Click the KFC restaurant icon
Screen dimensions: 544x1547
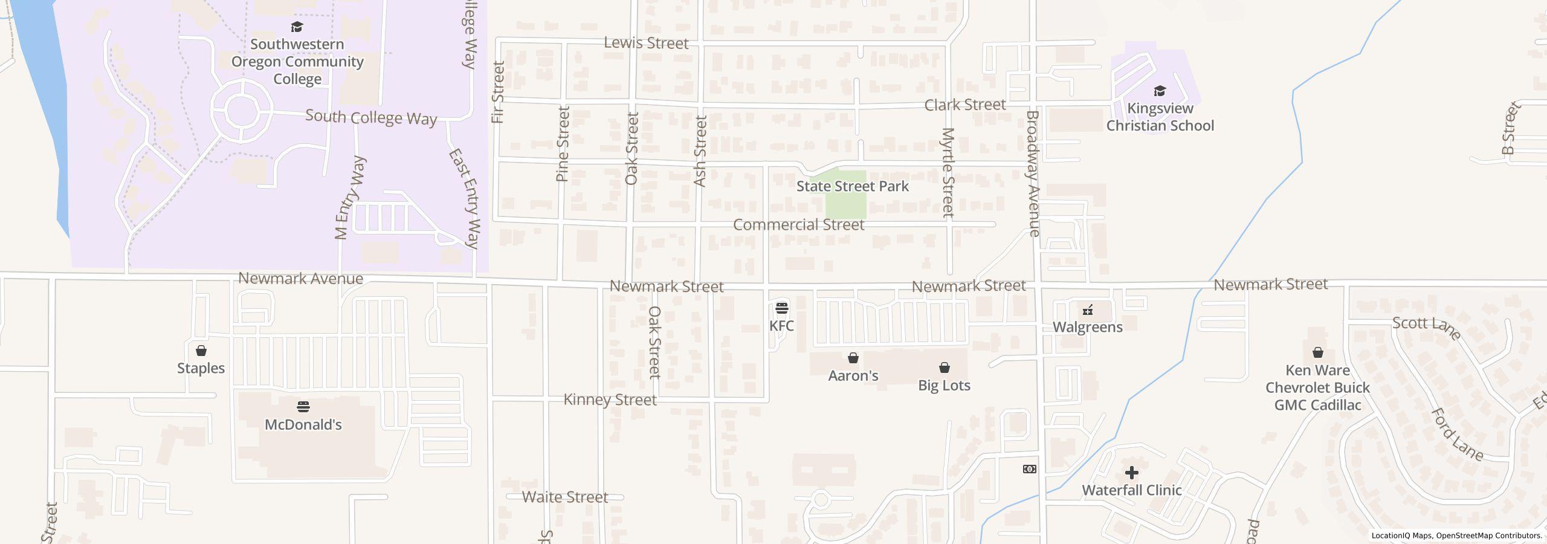click(781, 308)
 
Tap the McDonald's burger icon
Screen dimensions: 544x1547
click(303, 407)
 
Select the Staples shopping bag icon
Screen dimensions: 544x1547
click(201, 351)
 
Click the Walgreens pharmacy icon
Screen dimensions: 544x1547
click(1088, 310)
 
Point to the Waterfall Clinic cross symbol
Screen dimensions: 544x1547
click(1132, 473)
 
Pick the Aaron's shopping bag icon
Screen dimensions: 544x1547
click(853, 358)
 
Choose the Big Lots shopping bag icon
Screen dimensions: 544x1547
click(944, 368)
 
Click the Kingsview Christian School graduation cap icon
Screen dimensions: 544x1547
click(1159, 91)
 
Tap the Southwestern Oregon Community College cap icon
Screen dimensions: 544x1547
click(297, 27)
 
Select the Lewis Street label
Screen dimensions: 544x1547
click(646, 43)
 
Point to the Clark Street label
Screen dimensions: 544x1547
click(964, 105)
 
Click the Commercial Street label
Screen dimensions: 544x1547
click(798, 225)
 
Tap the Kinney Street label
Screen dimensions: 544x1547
click(610, 400)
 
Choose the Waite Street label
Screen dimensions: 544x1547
click(564, 497)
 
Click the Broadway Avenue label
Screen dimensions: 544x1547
click(1032, 173)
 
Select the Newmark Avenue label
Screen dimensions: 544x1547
click(300, 279)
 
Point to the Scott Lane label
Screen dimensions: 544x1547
click(1426, 327)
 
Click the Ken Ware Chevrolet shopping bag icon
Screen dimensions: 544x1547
click(1317, 352)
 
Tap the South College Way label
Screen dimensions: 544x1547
click(370, 117)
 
